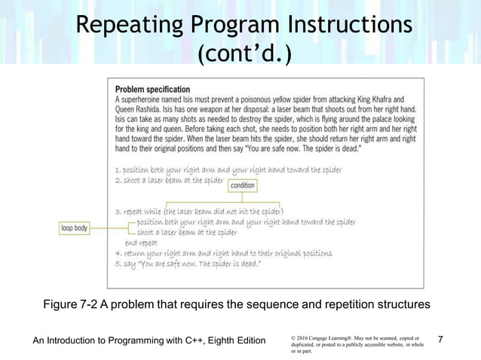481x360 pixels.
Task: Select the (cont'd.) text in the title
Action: tap(240, 54)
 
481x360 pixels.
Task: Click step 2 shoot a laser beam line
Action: tap(170, 181)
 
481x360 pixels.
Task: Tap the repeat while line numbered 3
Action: tap(199, 212)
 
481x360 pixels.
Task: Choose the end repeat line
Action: tap(141, 243)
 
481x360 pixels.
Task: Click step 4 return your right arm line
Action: tap(223, 254)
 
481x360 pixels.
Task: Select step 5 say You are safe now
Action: tap(188, 264)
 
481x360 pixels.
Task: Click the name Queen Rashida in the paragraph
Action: tap(139, 108)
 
